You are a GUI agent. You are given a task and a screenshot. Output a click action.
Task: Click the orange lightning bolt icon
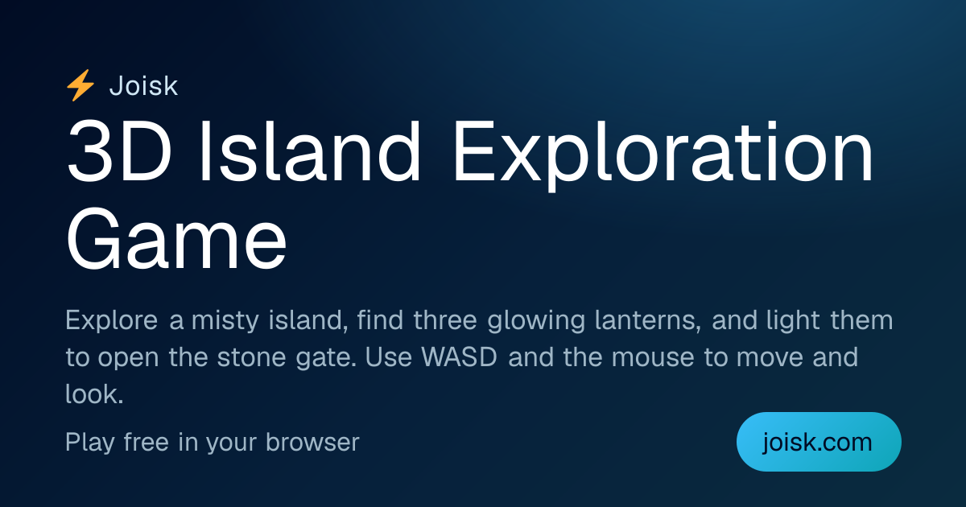click(x=80, y=85)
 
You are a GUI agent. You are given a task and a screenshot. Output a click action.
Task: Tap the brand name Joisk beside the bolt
click(x=143, y=86)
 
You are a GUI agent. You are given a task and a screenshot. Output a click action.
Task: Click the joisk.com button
click(x=819, y=442)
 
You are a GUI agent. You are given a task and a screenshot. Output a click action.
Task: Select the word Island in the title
click(x=310, y=152)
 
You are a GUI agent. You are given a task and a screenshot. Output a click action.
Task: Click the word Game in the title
click(x=176, y=238)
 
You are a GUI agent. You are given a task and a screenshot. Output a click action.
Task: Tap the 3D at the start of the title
click(x=119, y=152)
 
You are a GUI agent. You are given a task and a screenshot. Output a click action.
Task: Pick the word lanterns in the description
click(x=648, y=320)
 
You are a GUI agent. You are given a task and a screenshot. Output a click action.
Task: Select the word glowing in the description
click(x=536, y=321)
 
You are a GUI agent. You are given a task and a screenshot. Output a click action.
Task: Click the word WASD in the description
click(x=460, y=357)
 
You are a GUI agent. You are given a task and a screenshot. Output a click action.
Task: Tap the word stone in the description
click(x=251, y=357)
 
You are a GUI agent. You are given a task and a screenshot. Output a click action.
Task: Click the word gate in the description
click(x=327, y=359)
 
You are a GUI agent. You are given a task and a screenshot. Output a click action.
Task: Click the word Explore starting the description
click(x=112, y=321)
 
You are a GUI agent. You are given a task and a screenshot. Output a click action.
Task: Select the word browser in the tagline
click(x=312, y=442)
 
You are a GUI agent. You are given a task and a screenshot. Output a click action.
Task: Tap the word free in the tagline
click(x=146, y=442)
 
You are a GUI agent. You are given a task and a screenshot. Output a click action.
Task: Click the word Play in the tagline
click(x=90, y=443)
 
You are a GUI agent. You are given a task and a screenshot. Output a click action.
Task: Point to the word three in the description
click(x=445, y=320)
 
